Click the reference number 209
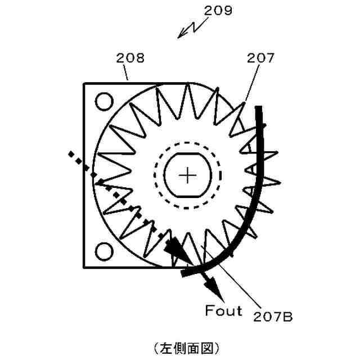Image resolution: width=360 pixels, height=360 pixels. pos(217,10)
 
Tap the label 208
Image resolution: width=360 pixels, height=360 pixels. pos(130,57)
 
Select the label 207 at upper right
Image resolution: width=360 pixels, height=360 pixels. pos(261,57)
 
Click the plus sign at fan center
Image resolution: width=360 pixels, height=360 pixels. pos(187,175)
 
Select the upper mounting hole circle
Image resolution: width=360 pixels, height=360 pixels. pos(103,102)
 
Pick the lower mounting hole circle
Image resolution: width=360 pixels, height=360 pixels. pos(103,249)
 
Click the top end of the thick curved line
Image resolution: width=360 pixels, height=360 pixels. pos(259,108)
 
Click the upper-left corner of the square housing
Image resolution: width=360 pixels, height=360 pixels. pos(84,84)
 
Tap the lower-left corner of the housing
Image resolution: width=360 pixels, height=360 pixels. pos(84,268)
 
